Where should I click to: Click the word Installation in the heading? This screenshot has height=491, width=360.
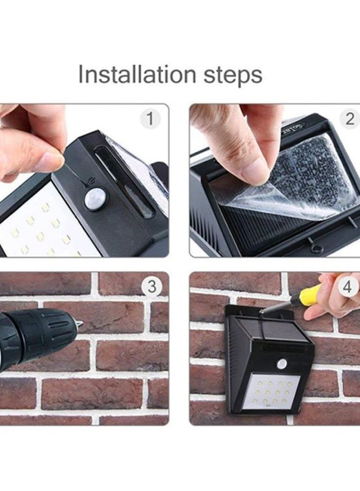137,74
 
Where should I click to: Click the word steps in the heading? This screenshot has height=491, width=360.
233,76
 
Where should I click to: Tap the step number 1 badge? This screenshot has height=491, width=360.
150,119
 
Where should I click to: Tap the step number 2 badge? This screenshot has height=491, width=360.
350,119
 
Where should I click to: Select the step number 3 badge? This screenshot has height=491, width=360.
152,286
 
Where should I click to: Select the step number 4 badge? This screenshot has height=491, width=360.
347,286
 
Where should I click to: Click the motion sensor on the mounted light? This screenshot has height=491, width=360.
282,364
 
